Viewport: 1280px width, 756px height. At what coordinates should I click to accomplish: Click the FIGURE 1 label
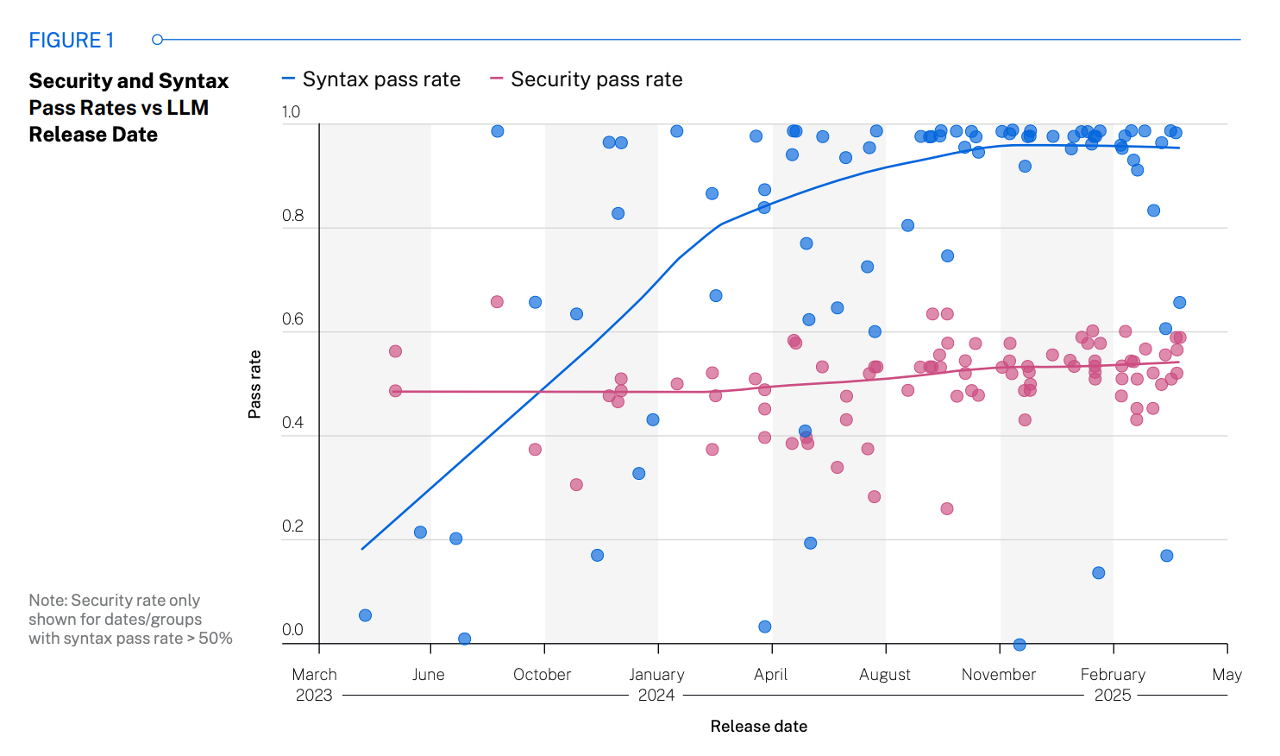[72, 41]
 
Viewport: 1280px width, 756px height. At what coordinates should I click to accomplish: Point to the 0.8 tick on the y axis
[292, 216]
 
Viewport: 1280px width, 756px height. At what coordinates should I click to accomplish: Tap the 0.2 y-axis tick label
[292, 526]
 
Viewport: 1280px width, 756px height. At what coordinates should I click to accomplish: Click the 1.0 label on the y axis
[291, 112]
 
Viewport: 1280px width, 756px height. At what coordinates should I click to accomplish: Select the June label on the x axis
[429, 675]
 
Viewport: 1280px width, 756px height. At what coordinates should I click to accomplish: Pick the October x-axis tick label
[542, 675]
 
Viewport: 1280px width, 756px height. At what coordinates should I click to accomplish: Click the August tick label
[884, 675]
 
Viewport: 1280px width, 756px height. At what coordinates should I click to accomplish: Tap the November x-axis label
[998, 675]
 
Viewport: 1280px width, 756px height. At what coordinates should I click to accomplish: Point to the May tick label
[1227, 675]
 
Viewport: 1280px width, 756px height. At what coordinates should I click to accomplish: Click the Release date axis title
[758, 727]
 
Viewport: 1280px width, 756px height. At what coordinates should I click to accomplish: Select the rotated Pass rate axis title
[254, 384]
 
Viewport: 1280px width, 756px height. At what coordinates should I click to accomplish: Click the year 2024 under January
[656, 696]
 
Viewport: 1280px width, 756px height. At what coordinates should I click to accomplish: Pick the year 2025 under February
[1112, 696]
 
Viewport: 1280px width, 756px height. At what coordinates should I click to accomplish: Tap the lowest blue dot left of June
[365, 615]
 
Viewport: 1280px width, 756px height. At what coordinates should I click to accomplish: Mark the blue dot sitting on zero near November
[1020, 645]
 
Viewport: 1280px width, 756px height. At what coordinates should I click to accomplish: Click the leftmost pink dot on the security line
[395, 391]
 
